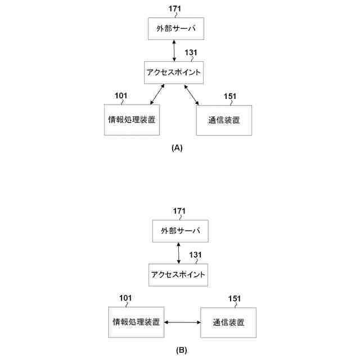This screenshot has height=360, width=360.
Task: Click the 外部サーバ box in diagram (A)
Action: (x=175, y=29)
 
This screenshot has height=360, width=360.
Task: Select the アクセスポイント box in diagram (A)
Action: (x=173, y=73)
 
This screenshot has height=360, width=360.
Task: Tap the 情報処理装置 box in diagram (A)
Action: (x=132, y=119)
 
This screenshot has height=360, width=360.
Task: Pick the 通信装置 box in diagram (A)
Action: (x=223, y=120)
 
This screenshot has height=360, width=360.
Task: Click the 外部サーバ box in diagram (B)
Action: (x=180, y=231)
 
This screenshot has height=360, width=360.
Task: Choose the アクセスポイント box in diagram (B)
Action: (x=177, y=274)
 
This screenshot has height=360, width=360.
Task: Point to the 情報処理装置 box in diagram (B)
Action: (x=136, y=322)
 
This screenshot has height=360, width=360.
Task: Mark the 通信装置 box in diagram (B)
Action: (x=228, y=323)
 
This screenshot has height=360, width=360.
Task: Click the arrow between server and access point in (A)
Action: (x=174, y=51)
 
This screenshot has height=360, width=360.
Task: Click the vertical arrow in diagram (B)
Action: (x=179, y=253)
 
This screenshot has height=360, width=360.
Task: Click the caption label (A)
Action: (x=177, y=148)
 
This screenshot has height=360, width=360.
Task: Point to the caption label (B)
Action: (x=181, y=350)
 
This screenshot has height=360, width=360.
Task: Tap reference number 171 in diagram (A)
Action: (x=175, y=8)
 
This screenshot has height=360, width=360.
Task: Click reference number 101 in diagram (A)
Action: (x=121, y=96)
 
